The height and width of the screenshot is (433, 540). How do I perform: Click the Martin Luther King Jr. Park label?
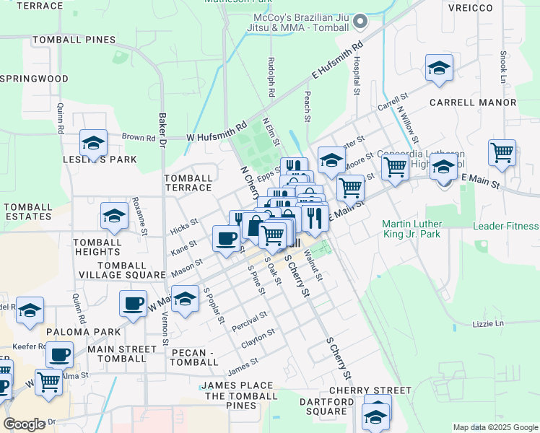[421, 229]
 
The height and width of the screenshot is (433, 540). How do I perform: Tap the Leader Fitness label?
[505, 226]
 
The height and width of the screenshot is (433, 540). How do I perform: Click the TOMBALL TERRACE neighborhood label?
[188, 183]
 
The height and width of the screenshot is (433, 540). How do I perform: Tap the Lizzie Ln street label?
[489, 324]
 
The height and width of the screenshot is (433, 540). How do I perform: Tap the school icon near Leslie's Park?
[93, 143]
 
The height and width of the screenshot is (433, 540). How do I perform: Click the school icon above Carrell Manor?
[439, 68]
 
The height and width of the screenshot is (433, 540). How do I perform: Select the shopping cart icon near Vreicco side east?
[502, 153]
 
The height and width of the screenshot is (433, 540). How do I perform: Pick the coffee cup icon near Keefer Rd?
[61, 354]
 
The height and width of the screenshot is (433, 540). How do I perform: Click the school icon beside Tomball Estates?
[114, 216]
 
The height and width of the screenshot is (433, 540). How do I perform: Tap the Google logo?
[25, 424]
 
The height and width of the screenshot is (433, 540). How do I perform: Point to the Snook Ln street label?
[503, 66]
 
